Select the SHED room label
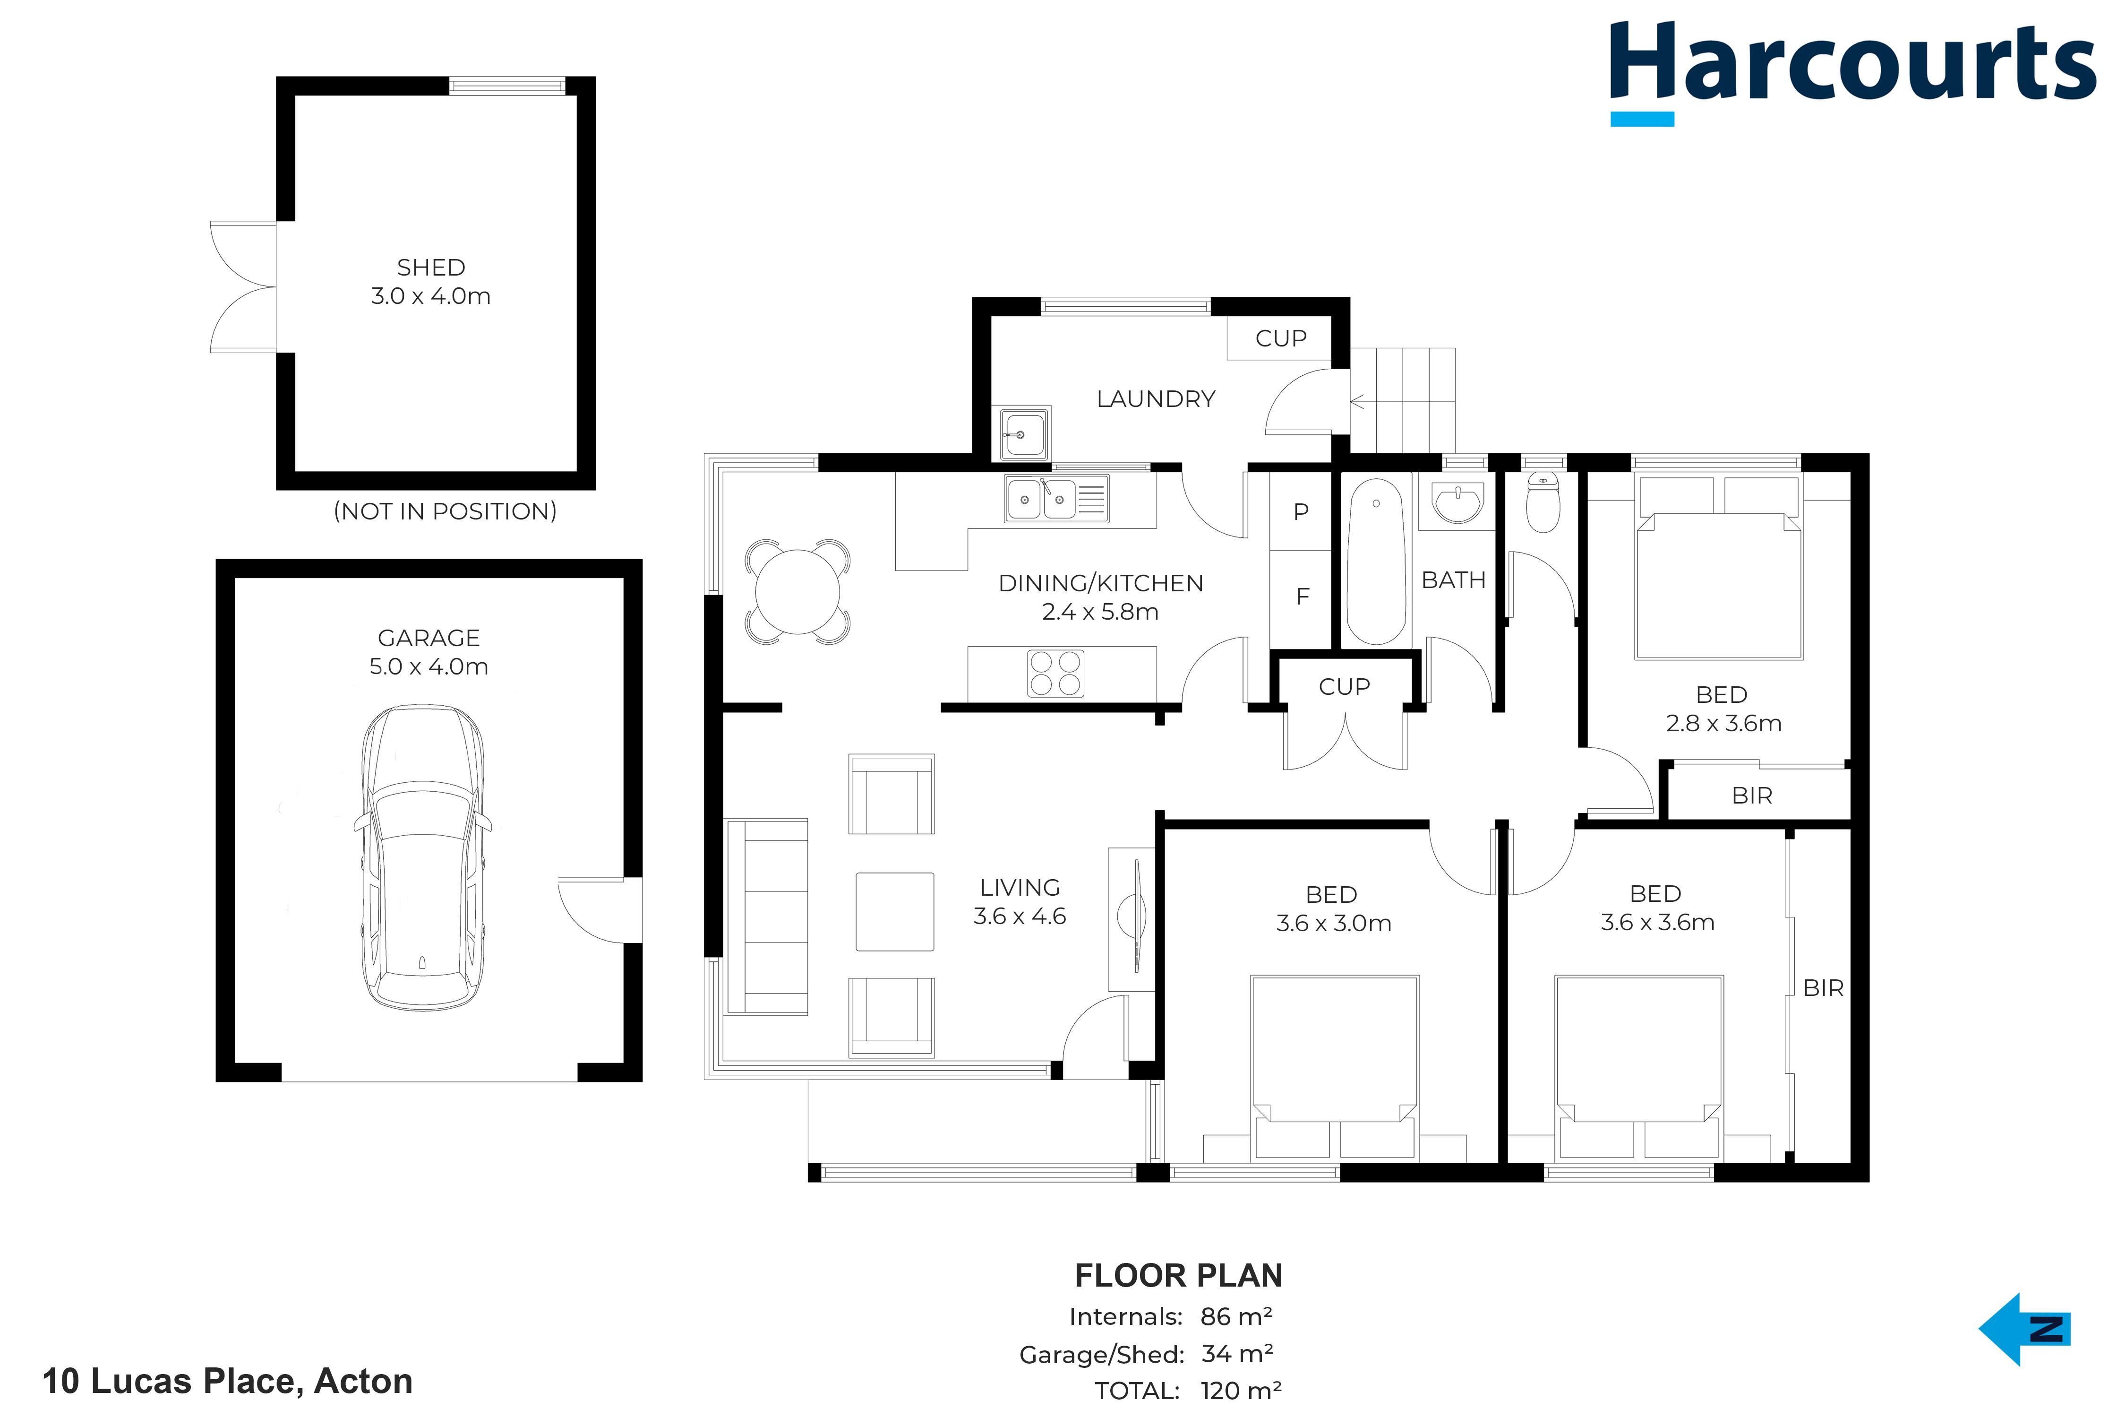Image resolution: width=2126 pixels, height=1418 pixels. click(x=431, y=268)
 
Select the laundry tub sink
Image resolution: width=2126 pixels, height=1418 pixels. click(x=1025, y=434)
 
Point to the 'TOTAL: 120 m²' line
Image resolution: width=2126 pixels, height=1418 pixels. click(x=1188, y=1390)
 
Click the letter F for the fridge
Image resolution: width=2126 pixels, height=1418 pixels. click(x=1303, y=596)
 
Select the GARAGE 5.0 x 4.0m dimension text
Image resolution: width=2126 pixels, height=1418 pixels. click(x=429, y=652)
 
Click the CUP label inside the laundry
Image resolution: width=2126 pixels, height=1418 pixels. click(x=1281, y=338)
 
